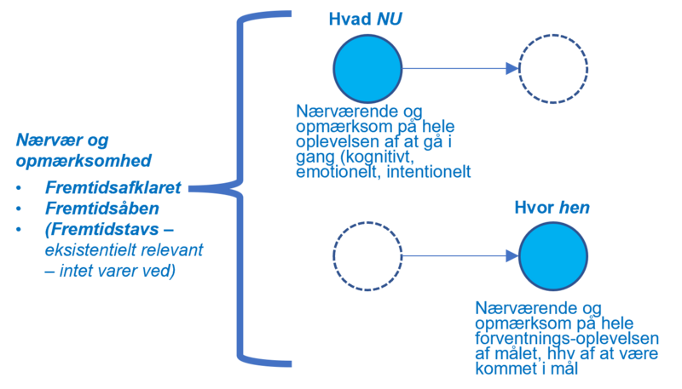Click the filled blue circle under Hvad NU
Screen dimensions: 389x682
(x=367, y=69)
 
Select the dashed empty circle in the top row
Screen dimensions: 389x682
(x=553, y=69)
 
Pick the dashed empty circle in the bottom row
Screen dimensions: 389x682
(x=367, y=255)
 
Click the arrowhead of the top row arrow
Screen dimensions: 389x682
(x=511, y=69)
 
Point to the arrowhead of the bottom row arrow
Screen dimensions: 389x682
(x=511, y=255)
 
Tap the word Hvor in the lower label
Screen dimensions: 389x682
(x=531, y=207)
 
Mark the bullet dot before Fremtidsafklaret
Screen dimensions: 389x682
(x=19, y=187)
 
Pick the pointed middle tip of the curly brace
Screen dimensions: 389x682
(x=192, y=189)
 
